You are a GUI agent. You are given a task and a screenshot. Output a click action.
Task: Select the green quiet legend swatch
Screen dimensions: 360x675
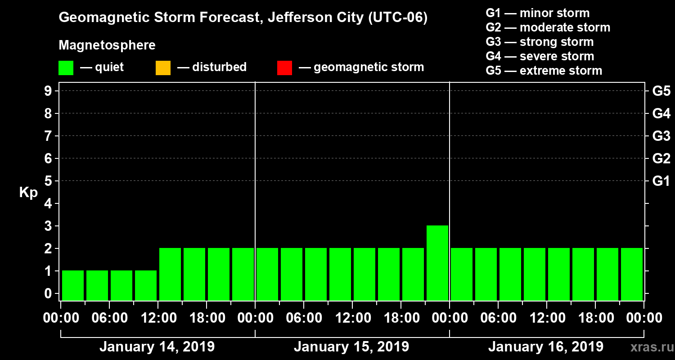tap(66, 68)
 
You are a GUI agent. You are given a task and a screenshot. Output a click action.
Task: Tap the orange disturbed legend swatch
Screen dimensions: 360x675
tap(163, 68)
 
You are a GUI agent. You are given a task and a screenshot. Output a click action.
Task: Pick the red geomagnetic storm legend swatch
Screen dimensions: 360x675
tap(284, 68)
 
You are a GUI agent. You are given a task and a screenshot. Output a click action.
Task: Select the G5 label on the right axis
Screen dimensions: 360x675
tap(661, 91)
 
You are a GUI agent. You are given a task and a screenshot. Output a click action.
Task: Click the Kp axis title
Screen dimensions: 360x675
tap(28, 193)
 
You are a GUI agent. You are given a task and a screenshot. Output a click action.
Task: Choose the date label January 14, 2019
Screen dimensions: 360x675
tap(157, 347)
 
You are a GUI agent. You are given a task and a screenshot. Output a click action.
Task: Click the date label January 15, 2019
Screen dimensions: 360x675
tap(351, 347)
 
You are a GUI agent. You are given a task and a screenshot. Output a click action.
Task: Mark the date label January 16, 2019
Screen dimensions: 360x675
tap(546, 347)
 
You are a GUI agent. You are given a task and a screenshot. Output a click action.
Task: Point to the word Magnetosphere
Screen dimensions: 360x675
tap(107, 45)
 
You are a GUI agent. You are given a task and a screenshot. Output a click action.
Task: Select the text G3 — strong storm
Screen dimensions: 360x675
tap(540, 42)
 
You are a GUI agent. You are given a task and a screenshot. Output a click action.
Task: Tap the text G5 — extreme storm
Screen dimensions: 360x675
tap(544, 71)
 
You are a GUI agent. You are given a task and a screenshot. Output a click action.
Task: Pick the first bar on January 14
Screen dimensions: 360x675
tap(73, 285)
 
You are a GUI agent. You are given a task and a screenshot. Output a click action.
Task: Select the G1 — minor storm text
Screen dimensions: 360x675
tap(537, 13)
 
